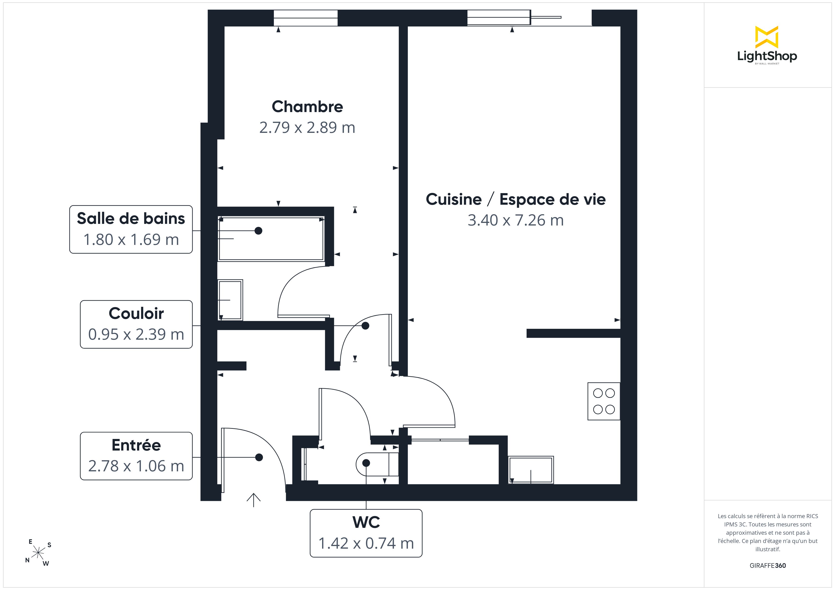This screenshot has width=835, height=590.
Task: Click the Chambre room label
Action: coord(307,106)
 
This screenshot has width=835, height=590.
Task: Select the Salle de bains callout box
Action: coord(131,229)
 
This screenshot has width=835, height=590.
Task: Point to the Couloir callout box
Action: coord(136,324)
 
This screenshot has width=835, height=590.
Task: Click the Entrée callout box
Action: coord(136,456)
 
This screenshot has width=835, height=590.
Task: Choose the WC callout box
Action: coord(366,533)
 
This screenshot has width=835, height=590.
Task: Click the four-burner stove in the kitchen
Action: coord(604,401)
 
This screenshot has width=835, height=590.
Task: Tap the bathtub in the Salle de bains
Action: coord(271,239)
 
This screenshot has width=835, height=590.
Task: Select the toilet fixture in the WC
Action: coord(377,464)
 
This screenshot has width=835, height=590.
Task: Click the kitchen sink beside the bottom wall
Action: coord(531,470)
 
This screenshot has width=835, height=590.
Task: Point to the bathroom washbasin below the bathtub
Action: coord(230,300)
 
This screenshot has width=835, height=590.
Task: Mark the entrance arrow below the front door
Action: coord(253,500)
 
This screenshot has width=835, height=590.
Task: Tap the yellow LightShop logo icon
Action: coord(767,37)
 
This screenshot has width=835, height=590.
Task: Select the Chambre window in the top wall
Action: coord(306,18)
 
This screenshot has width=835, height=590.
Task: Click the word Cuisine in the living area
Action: coord(453,199)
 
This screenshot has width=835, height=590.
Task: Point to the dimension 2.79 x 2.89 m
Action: coord(307,127)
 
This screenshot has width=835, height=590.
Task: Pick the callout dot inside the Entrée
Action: coord(259,457)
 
